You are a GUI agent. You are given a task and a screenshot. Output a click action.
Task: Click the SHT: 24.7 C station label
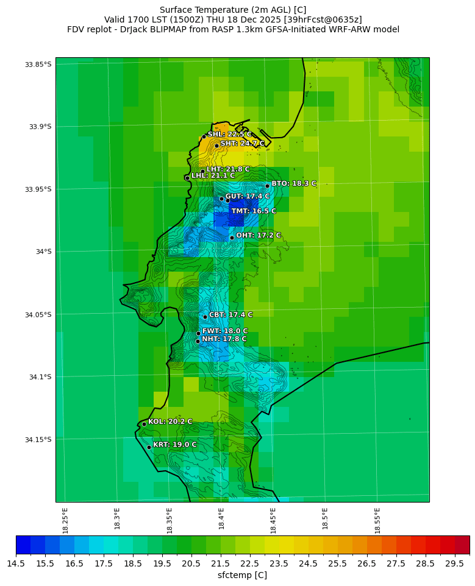[242, 144]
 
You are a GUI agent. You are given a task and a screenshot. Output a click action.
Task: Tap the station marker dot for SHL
[204, 137]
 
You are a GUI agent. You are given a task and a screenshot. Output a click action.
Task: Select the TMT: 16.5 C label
[253, 211]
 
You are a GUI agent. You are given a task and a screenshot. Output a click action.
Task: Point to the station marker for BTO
[267, 186]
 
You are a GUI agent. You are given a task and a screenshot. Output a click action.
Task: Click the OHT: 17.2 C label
[259, 236]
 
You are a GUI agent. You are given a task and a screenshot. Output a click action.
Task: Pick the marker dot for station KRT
[149, 447]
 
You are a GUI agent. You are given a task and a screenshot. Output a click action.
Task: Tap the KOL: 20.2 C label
[170, 422]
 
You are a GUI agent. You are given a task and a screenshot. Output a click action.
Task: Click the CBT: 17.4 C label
[230, 315]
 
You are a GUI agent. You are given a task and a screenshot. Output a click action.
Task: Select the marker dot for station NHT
[198, 341]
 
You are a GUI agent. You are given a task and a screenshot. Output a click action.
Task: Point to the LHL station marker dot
[187, 178]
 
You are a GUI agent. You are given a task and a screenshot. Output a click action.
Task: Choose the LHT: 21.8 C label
[228, 169]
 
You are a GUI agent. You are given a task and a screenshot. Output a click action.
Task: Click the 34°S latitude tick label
[43, 252]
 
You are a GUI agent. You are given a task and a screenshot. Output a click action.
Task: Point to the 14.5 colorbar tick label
[16, 563]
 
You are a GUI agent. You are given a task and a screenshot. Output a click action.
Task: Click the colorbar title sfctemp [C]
[242, 575]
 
